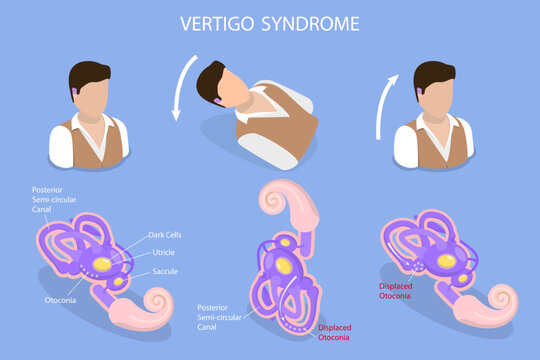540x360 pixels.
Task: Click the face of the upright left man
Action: (91, 96)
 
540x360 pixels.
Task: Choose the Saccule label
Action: (166, 271)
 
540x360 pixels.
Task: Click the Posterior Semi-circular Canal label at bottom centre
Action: (221, 318)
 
